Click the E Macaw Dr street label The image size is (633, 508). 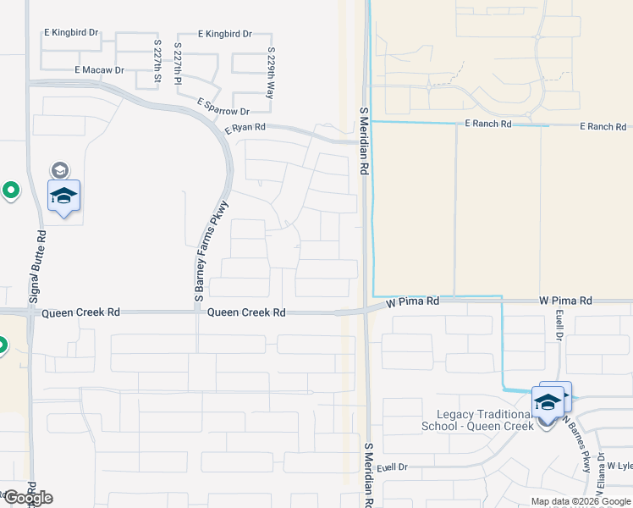coord(99,70)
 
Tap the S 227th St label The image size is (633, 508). coord(157,61)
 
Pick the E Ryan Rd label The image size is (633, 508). coord(245,128)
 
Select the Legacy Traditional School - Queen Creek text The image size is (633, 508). coord(478,420)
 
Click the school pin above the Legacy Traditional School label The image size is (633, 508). coord(548,401)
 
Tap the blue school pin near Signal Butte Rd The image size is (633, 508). coord(63,196)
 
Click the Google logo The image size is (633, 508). coord(27,498)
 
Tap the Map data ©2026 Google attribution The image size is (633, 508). coord(581,501)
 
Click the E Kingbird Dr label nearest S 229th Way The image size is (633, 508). coord(224,34)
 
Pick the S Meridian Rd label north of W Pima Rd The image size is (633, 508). coord(364,141)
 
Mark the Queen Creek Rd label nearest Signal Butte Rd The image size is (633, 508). coord(81,312)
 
